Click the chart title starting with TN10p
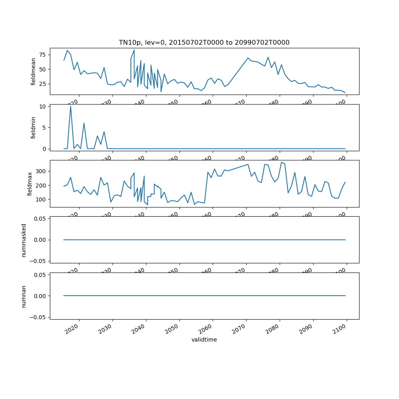coord(204,42)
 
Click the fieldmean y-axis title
coord(34,71)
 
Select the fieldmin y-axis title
coord(34,128)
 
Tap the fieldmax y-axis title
coord(30,184)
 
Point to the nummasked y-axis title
coord(24,240)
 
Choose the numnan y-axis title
coord(24,296)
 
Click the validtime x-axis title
coord(204,340)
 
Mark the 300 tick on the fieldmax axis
coord(41,171)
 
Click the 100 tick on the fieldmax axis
coord(41,199)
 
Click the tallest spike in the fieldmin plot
coord(71,106)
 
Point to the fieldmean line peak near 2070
coord(248,58)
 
